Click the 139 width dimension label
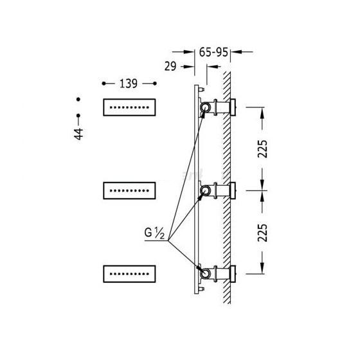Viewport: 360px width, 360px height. coord(129,84)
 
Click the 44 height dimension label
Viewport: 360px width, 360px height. coord(78,134)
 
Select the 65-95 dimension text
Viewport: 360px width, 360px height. coord(213,52)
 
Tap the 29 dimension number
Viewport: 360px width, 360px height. coord(170,66)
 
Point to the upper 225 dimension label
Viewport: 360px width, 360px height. coord(262,148)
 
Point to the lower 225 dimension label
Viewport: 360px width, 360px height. coord(262,233)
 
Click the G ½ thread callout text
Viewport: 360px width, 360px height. coord(154,233)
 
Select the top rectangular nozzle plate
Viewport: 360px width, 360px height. coord(129,107)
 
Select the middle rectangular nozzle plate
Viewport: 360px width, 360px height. coord(129,190)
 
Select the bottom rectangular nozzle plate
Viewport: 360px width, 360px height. coord(129,274)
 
